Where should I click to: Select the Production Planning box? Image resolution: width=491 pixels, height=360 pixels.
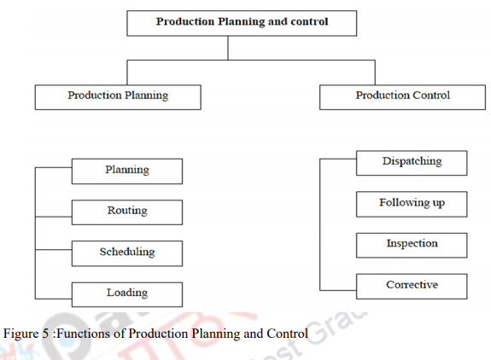tap(118, 96)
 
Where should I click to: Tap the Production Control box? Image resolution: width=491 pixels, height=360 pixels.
tap(402, 96)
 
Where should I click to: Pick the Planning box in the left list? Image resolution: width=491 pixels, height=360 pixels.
tap(127, 171)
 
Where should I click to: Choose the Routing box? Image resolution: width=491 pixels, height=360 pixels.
tap(127, 212)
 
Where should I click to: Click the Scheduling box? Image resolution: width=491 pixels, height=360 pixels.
tap(127, 253)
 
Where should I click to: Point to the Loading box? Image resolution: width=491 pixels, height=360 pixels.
tap(127, 293)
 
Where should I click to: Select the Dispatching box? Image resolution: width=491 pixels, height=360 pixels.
tap(412, 162)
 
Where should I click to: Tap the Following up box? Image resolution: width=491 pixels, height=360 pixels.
tap(412, 203)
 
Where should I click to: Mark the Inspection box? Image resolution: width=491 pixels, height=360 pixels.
tap(412, 244)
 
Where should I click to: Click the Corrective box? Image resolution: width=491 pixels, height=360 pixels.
tap(412, 285)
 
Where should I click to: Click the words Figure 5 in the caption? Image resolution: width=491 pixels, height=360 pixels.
tap(26, 333)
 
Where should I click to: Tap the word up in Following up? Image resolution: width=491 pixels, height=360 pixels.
tap(435, 204)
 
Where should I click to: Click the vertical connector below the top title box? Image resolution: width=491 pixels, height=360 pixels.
tap(228, 48)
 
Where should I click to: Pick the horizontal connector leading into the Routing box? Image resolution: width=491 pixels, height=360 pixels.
tap(53, 209)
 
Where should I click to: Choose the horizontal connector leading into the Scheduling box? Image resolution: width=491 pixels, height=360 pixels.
tap(53, 251)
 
